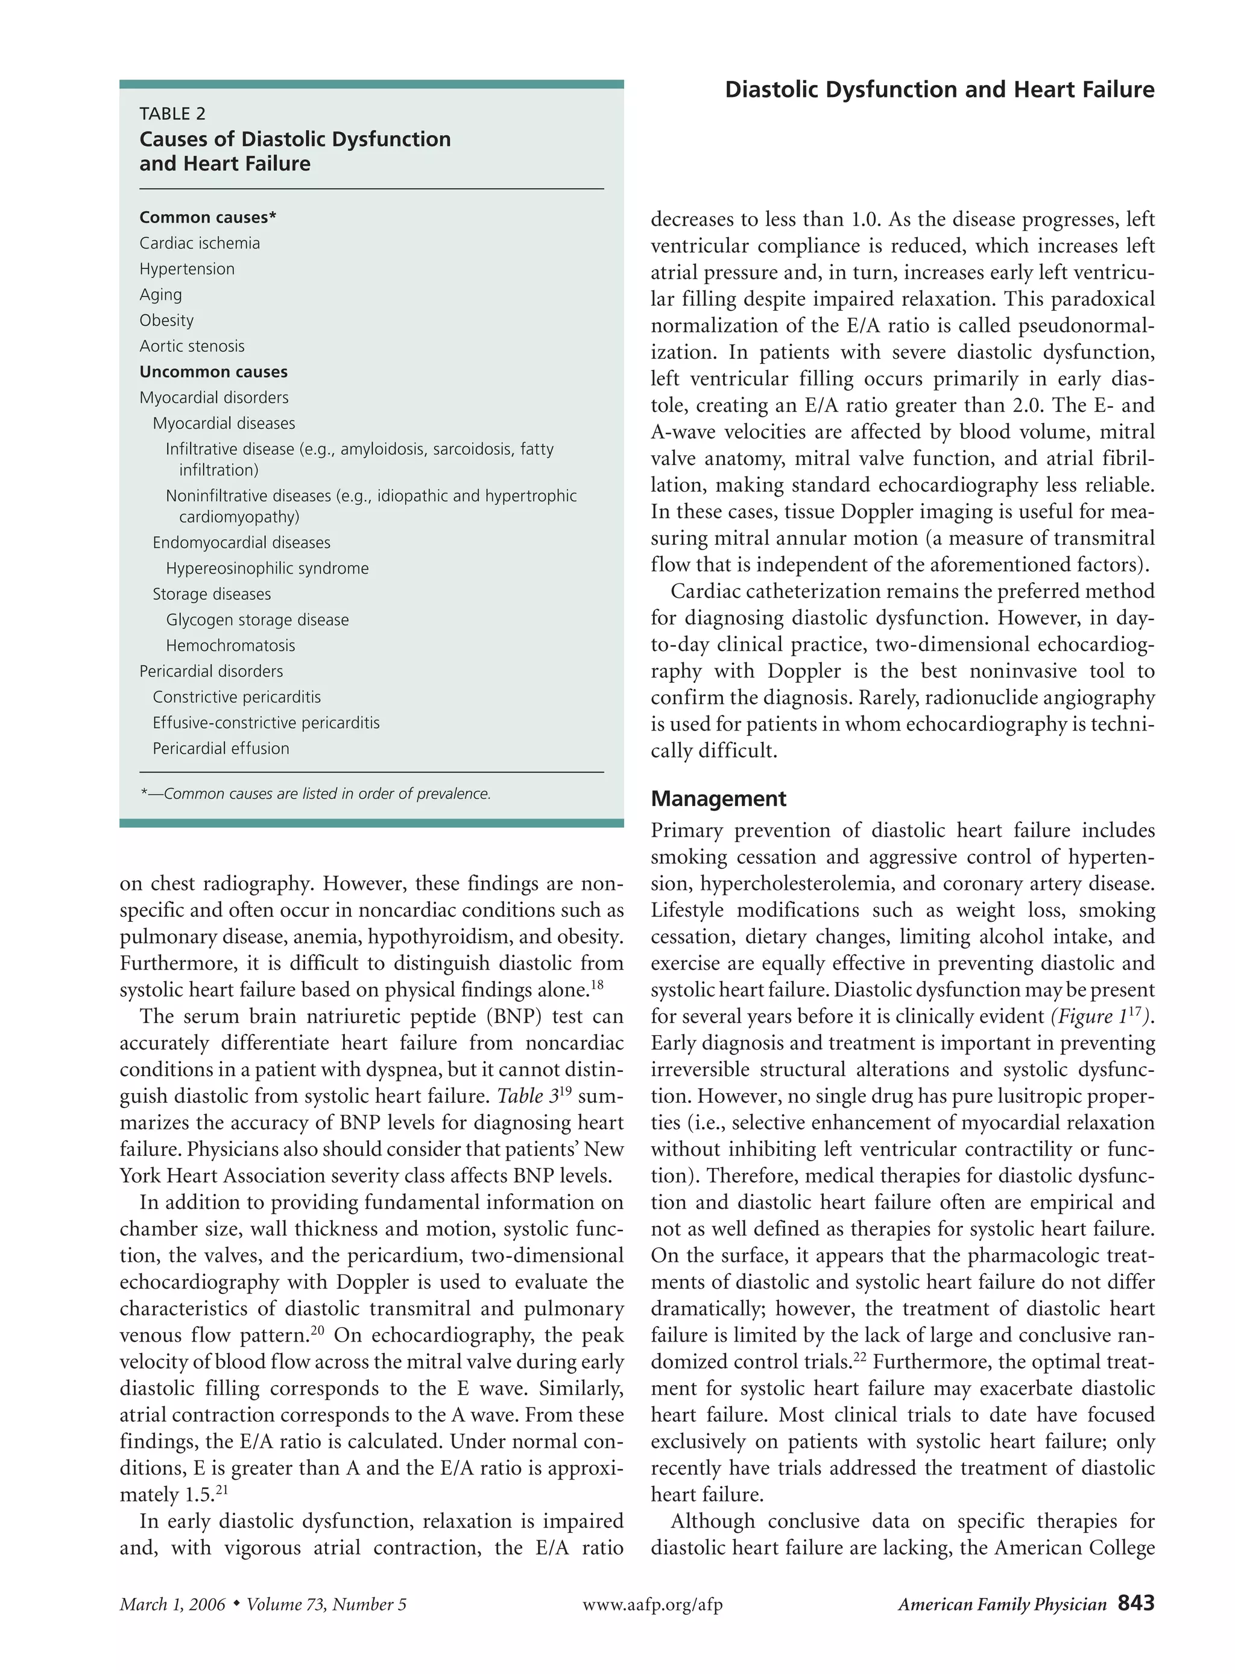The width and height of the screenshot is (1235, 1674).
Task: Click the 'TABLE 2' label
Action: tap(172, 113)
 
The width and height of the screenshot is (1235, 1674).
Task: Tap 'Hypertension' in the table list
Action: tap(187, 269)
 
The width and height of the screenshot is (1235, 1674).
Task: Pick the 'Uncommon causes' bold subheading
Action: tap(213, 372)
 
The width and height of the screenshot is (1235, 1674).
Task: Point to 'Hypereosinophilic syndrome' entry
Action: tap(267, 568)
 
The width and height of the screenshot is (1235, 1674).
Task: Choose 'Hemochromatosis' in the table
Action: tap(230, 645)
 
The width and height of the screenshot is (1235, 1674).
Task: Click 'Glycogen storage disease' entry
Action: tap(257, 620)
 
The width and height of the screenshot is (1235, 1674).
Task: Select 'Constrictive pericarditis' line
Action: tap(236, 697)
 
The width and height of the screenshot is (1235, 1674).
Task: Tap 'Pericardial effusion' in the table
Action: tap(221, 749)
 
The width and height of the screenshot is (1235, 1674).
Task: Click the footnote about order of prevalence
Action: tap(315, 794)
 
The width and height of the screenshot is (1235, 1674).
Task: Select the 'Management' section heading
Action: tap(718, 799)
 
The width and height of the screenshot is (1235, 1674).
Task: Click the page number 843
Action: tap(1136, 1603)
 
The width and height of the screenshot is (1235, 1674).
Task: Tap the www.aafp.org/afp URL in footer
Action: tap(652, 1605)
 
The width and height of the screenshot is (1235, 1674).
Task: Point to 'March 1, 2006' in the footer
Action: tap(172, 1605)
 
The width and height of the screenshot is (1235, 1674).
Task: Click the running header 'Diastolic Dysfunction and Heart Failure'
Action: tap(939, 90)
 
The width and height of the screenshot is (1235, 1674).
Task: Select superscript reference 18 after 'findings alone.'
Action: tap(596, 984)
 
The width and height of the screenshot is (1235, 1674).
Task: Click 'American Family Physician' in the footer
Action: tap(1002, 1605)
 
